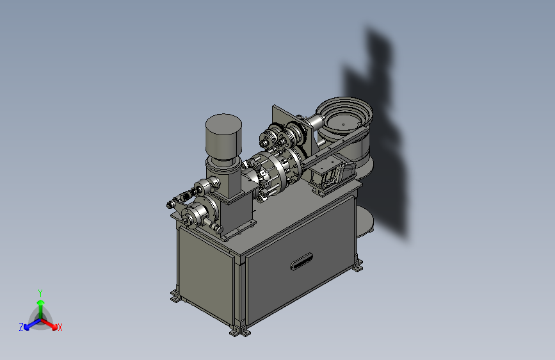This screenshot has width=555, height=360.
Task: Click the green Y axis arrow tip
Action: point(40,302)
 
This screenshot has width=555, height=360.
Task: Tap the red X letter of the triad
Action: point(60,328)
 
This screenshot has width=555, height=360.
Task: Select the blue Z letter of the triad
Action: point(21,327)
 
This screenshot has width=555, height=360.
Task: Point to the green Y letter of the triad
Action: point(40,293)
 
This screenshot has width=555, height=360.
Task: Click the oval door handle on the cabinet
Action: point(302,261)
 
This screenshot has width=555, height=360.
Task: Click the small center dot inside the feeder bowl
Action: point(343,124)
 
